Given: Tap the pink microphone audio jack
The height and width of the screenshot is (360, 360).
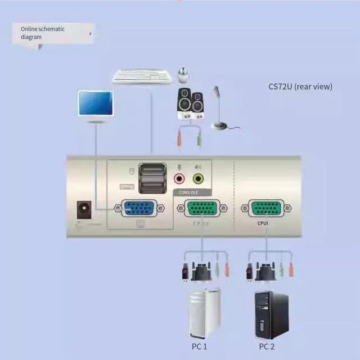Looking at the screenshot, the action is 179,179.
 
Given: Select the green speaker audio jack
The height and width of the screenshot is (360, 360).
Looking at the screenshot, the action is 198,179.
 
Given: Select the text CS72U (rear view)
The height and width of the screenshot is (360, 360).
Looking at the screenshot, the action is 300,87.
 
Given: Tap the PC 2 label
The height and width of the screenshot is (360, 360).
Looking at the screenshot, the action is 267,346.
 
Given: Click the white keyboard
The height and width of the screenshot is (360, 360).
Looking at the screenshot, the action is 142,76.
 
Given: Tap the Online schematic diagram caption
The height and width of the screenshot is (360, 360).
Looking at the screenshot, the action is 43,33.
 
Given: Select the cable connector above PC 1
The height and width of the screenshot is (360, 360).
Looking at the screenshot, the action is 202,272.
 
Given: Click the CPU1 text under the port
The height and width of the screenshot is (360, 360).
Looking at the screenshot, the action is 262,223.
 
